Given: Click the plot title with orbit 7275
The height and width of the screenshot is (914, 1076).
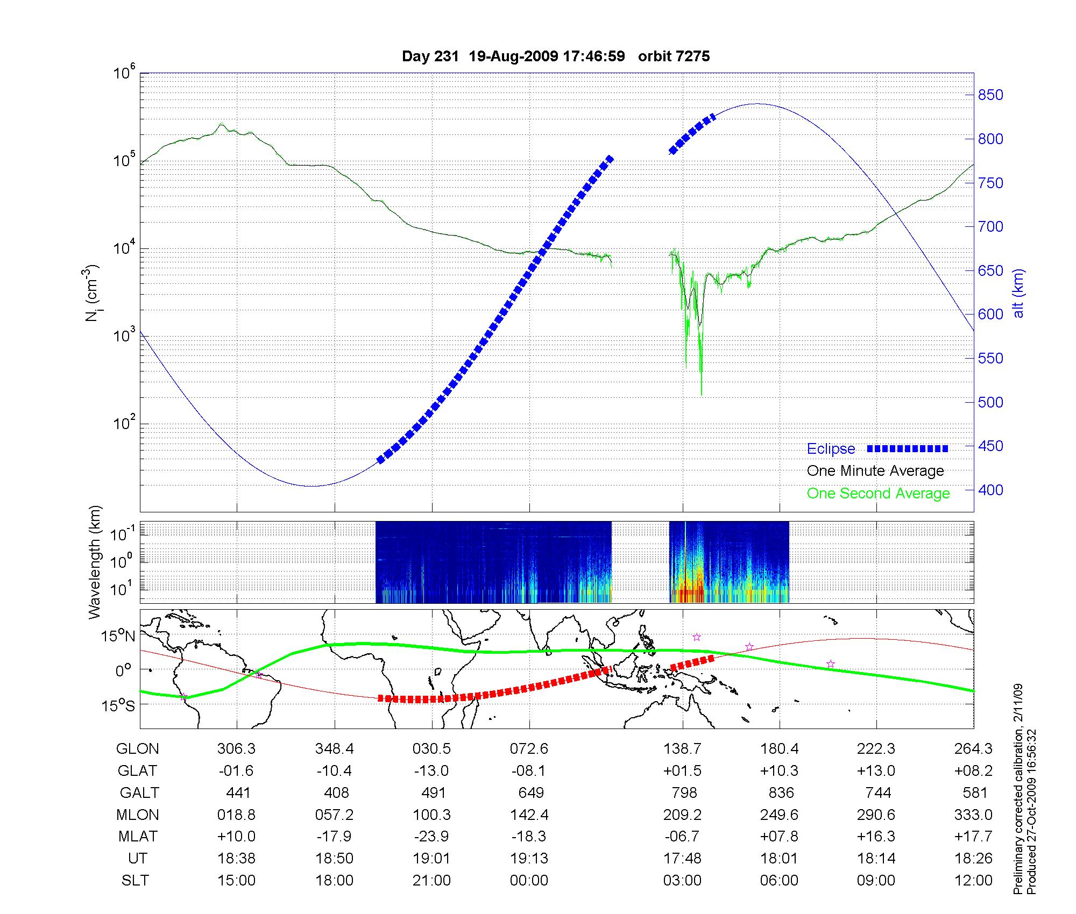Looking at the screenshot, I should (x=556, y=56).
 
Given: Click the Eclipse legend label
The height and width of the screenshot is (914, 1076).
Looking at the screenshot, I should (x=831, y=449).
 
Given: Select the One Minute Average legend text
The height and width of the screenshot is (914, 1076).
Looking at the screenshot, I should (x=875, y=471).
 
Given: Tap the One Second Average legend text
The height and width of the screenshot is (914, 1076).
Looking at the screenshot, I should (x=878, y=494).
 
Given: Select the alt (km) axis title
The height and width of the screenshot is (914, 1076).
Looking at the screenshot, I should (x=1018, y=293).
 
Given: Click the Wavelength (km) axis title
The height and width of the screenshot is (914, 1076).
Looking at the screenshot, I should (x=95, y=562).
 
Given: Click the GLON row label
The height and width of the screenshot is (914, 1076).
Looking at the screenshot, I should (x=138, y=749).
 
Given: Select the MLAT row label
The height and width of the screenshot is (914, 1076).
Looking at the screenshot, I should (x=138, y=837).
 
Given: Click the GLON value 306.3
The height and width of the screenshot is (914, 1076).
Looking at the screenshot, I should (x=237, y=749).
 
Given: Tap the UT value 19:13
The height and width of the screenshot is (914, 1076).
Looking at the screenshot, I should (x=529, y=859).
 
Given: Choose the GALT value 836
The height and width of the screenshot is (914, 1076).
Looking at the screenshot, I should (x=781, y=793).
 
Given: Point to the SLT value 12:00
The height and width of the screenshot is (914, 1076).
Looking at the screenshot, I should (x=974, y=881).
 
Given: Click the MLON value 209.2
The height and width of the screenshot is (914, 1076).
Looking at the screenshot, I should (x=682, y=815).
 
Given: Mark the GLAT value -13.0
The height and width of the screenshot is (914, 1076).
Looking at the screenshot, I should (x=431, y=771).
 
